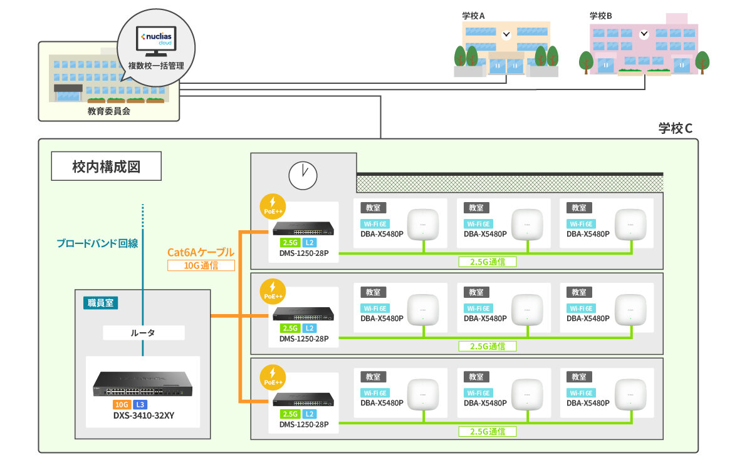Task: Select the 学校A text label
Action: (x=474, y=16)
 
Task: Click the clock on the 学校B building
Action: (x=644, y=35)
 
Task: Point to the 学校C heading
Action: (x=675, y=129)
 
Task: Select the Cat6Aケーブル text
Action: (x=201, y=252)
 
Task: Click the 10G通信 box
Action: (x=201, y=265)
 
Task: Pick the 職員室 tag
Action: (x=100, y=303)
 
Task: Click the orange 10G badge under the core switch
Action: (x=122, y=405)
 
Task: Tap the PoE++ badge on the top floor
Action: (x=273, y=205)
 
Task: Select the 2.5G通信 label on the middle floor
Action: (x=488, y=346)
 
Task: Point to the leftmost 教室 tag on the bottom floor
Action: (x=373, y=377)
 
